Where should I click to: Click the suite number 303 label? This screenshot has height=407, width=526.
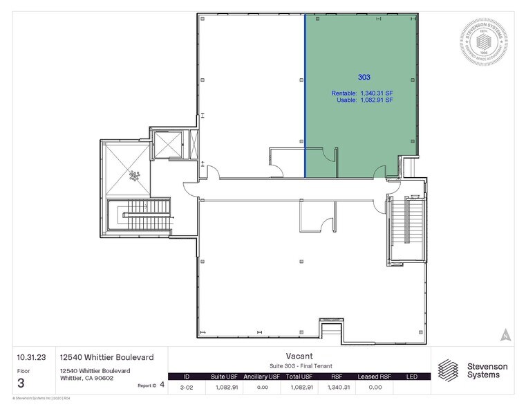pos(364,78)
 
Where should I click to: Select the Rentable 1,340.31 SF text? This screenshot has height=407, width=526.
pos(362,93)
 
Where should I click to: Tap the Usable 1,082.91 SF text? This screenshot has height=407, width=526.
pos(364,100)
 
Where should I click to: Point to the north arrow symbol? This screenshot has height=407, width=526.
pos(506,334)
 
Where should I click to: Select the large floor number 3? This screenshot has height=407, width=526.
pos(21,383)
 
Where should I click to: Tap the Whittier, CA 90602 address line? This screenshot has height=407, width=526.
pos(86,378)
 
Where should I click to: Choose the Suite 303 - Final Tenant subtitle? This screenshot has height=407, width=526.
pos(299,365)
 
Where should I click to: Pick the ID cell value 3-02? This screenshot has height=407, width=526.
pos(185,387)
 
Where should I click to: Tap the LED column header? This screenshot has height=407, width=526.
pos(412,376)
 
